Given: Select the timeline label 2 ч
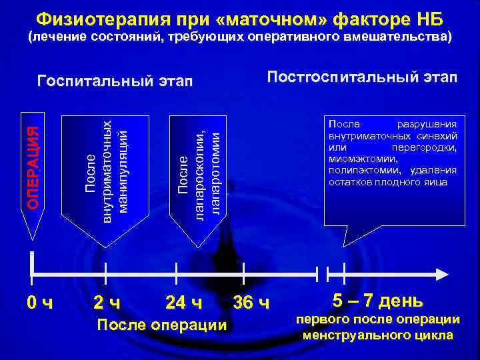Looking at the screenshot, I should point(107,303).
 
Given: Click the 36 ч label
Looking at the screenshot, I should point(251,303).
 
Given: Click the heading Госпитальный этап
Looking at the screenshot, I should point(115,81).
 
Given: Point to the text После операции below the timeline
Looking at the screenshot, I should point(161,325).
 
